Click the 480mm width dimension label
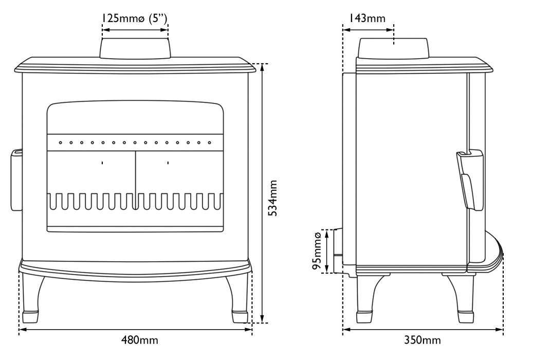pyautogui.click(x=140, y=340)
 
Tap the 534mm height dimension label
pyautogui.click(x=272, y=198)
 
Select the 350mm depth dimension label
pyautogui.click(x=423, y=340)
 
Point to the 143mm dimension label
pyautogui.click(x=367, y=18)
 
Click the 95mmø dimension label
pyautogui.click(x=317, y=250)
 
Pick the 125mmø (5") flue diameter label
pyautogui.click(x=134, y=18)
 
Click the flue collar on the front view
pyautogui.click(x=135, y=48)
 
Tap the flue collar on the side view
pyautogui.click(x=393, y=48)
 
